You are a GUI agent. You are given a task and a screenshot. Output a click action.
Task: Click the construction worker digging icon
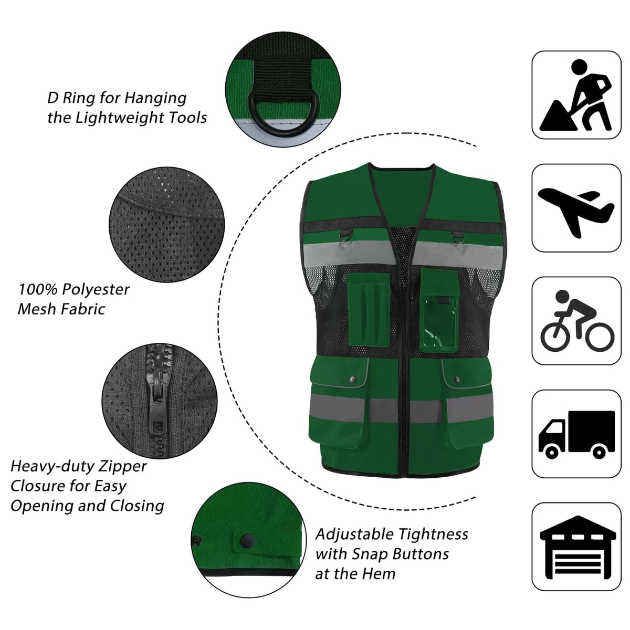pos(576,95)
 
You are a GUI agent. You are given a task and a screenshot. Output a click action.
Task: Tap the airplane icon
pos(576,208)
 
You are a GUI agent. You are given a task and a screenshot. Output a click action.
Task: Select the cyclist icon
pos(576,321)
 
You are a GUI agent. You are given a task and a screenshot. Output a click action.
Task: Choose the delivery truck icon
pos(576,434)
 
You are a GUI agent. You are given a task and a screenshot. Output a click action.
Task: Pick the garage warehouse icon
pos(576,547)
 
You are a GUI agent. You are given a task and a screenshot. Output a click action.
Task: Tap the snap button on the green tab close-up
pos(244,540)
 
